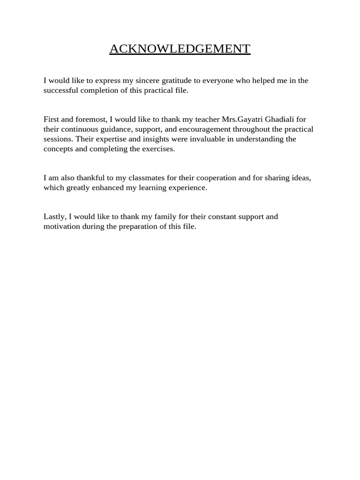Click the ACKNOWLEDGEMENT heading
(x=180, y=49)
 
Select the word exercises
(x=159, y=149)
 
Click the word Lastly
(x=55, y=217)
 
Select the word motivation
(x=61, y=226)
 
